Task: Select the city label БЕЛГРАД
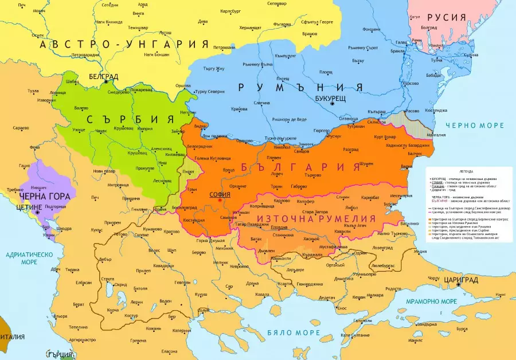(x=104, y=76)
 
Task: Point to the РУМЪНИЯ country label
(x=300, y=87)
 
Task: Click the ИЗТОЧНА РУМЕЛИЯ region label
(x=316, y=218)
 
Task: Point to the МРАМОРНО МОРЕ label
(x=430, y=301)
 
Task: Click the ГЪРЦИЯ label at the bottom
(x=63, y=353)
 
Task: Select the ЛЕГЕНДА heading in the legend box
(x=466, y=171)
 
